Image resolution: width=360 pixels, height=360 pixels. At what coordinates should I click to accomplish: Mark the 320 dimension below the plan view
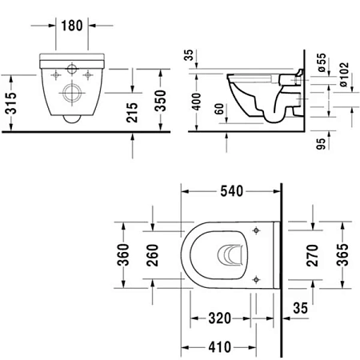coord(215,318)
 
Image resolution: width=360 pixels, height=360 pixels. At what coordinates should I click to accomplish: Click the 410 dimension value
coord(215,346)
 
